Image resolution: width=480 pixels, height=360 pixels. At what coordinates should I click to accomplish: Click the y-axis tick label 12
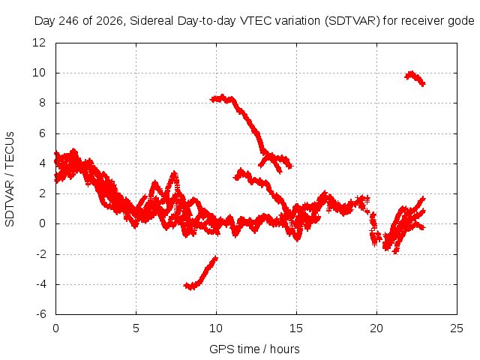39,43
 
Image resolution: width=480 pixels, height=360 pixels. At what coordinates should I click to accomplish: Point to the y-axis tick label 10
39,73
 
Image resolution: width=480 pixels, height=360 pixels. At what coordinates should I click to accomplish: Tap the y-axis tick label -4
41,284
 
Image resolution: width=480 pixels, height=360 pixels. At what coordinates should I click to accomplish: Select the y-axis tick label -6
41,314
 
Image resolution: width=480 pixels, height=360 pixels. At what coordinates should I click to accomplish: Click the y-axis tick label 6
42,133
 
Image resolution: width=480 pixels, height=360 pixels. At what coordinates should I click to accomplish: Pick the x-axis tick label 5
136,328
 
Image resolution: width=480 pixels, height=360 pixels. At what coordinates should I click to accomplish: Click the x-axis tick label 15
296,328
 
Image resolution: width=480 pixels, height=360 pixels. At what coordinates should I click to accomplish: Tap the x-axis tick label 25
457,328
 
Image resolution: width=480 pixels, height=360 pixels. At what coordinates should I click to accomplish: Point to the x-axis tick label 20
376,328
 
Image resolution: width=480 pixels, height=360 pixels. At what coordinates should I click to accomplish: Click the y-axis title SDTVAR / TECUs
10,179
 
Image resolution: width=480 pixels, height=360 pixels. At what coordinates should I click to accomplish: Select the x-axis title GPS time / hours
254,349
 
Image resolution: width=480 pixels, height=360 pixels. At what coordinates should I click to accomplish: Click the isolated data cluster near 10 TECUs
415,78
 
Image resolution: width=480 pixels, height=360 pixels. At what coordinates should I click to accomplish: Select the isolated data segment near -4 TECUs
200,274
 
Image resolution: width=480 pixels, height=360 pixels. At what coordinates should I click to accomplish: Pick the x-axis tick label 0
55,328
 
